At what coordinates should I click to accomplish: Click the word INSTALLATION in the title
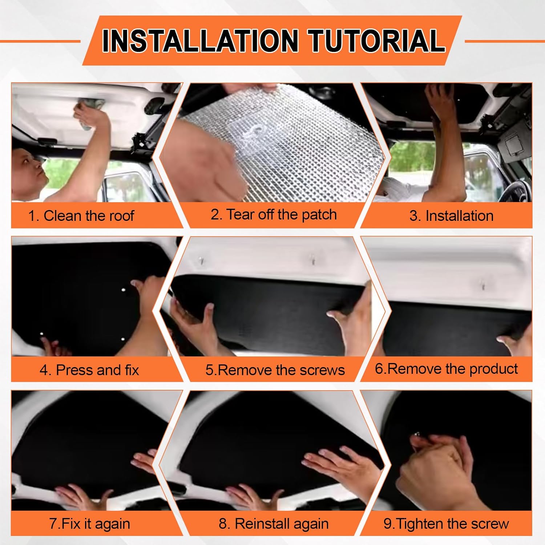pyautogui.click(x=200, y=41)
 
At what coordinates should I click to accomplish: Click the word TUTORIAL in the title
pyautogui.click(x=377, y=41)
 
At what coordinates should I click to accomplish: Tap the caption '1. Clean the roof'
pyautogui.click(x=81, y=216)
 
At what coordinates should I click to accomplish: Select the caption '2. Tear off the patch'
pyautogui.click(x=274, y=214)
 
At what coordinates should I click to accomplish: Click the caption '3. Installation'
pyautogui.click(x=451, y=216)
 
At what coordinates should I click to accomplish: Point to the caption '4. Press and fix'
pyautogui.click(x=89, y=370)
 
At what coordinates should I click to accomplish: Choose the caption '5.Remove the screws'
pyautogui.click(x=275, y=370)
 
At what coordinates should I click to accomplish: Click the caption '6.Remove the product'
pyautogui.click(x=446, y=369)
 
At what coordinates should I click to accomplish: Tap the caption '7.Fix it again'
pyautogui.click(x=89, y=524)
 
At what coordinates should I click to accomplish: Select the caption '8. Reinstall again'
pyautogui.click(x=274, y=524)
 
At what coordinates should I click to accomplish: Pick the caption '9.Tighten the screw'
pyautogui.click(x=446, y=524)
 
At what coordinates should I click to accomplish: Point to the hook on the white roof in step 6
pyautogui.click(x=483, y=285)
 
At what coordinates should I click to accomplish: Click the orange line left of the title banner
pyautogui.click(x=40, y=41)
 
